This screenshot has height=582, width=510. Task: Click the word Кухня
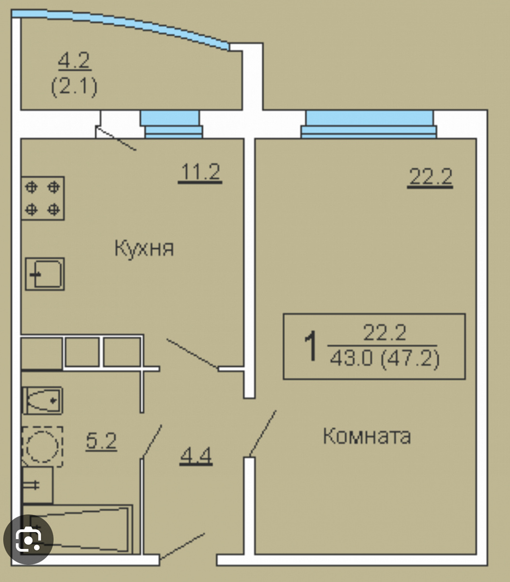click(144, 249)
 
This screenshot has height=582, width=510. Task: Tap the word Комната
click(367, 436)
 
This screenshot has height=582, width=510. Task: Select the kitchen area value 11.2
click(200, 172)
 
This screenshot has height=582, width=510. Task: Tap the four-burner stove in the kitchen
click(43, 198)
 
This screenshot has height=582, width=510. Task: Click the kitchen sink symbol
click(45, 274)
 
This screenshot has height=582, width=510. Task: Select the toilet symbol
click(43, 401)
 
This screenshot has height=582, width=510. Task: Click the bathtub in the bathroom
click(78, 529)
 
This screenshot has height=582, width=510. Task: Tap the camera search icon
click(28, 539)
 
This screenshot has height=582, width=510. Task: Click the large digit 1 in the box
click(310, 346)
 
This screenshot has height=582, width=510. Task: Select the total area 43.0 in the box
click(351, 358)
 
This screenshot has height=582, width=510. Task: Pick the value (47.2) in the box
click(410, 359)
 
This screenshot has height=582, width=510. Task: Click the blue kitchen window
click(172, 124)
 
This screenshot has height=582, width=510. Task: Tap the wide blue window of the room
click(369, 124)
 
